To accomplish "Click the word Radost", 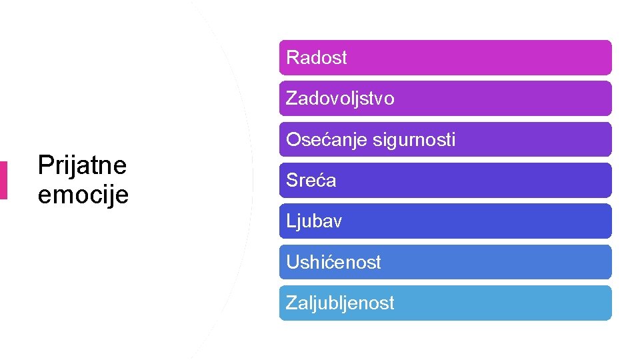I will point(316,58).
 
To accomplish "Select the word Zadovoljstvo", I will point(340,99).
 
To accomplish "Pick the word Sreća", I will point(311,181).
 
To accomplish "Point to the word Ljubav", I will point(313,221).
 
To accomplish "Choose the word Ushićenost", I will point(333,262).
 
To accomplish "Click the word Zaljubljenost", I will point(340,303).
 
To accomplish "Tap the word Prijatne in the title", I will point(82,165).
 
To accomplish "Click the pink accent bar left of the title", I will point(3,180).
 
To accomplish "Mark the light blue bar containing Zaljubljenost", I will point(500,303).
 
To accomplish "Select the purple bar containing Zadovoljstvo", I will point(500,99).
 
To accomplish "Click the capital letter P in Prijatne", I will point(45,165).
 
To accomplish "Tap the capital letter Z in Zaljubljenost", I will point(291,303).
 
